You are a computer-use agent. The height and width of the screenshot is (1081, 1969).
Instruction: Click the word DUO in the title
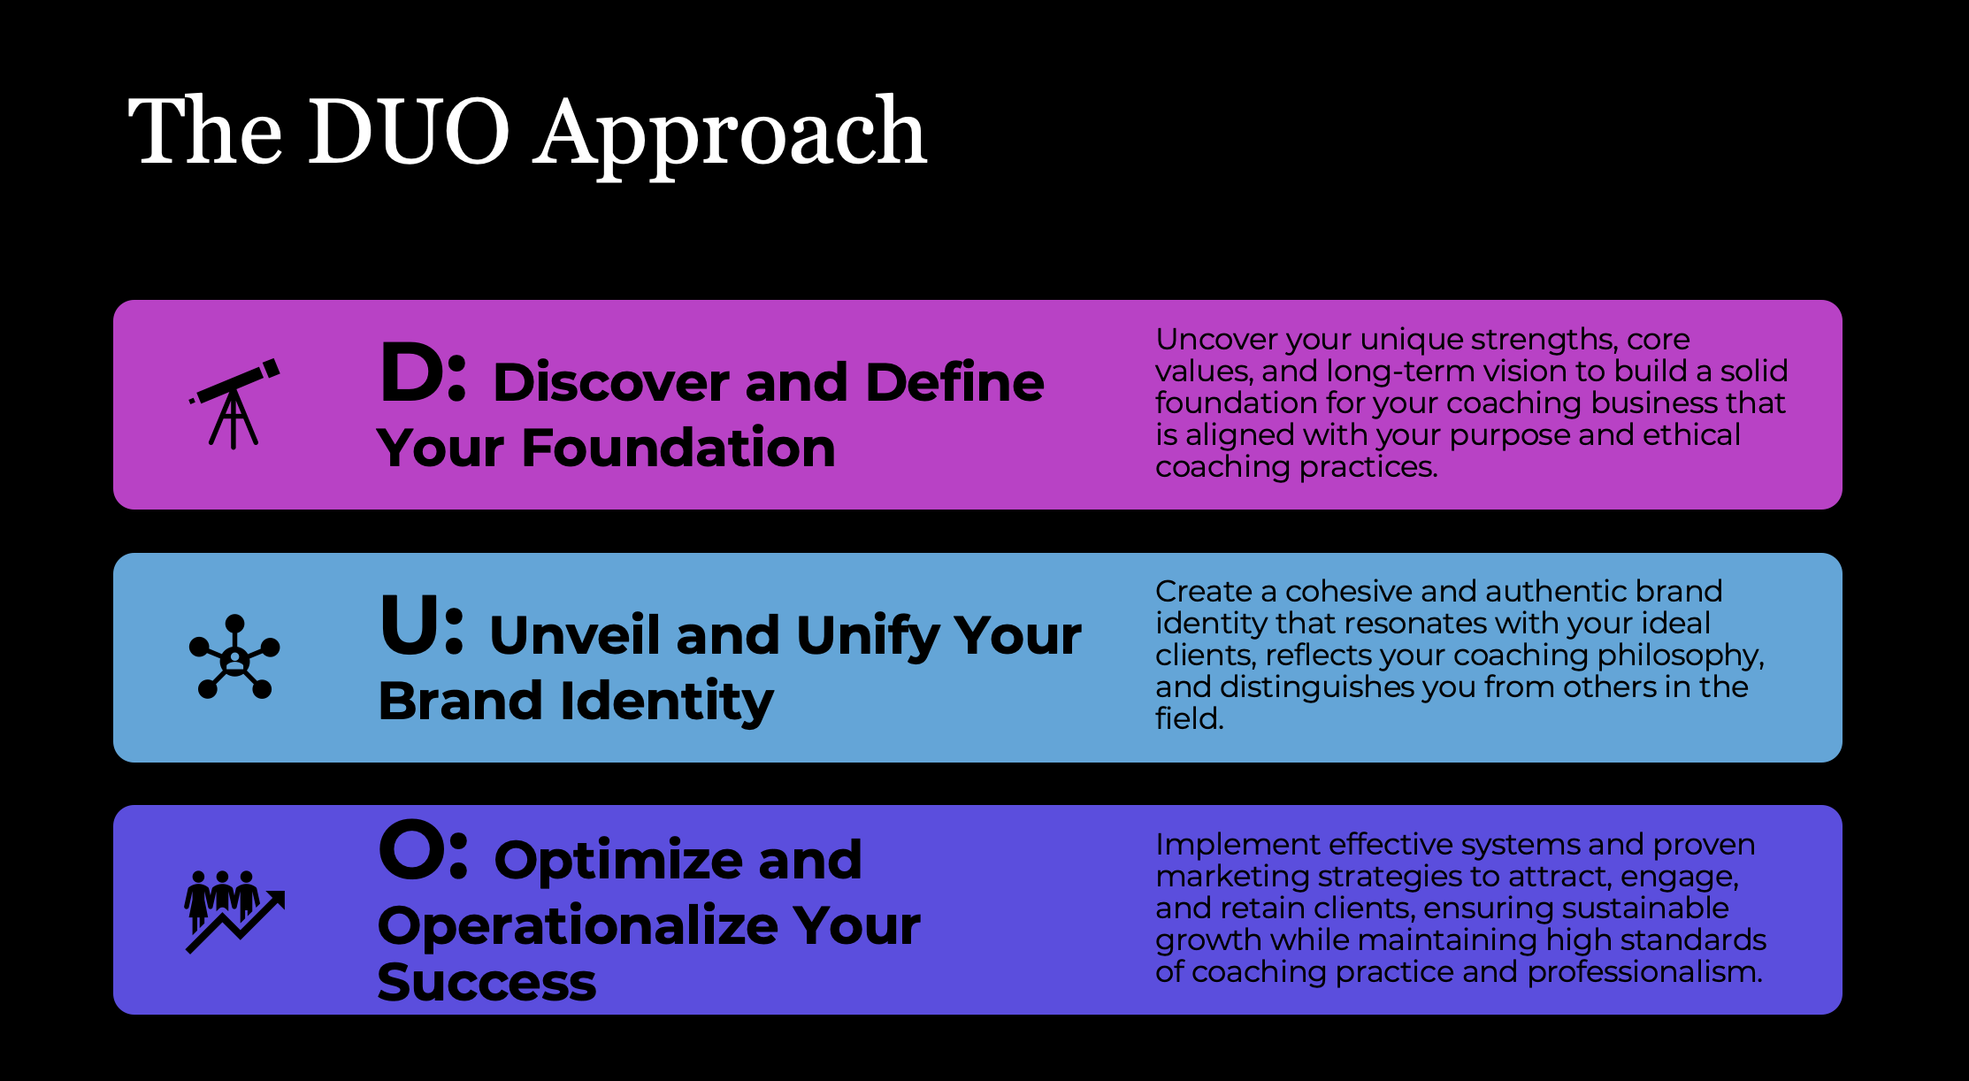(409, 132)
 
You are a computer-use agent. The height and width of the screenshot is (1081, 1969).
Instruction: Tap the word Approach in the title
(730, 137)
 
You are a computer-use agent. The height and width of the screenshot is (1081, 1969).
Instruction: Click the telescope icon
(234, 403)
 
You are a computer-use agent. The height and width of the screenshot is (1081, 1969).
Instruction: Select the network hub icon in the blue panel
(234, 657)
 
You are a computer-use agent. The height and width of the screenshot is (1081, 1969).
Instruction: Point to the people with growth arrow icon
(235, 911)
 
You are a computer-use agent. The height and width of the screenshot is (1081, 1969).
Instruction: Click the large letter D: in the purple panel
(423, 372)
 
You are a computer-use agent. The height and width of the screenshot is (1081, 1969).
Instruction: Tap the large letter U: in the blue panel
(422, 625)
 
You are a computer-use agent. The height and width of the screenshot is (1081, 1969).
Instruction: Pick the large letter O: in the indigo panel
(423, 850)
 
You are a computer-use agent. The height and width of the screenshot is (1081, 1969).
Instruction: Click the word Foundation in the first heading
(678, 448)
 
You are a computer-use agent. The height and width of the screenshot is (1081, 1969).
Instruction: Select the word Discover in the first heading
(611, 382)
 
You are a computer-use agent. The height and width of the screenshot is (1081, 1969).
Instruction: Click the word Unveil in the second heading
(574, 635)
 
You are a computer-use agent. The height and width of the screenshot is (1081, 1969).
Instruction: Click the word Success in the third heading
(487, 983)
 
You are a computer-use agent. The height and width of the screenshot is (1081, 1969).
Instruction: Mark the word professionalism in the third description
(1645, 972)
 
